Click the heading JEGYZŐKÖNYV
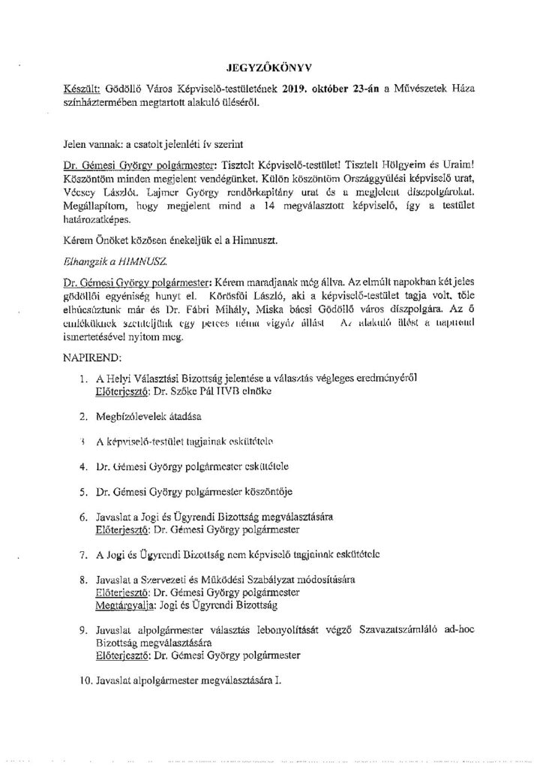(271, 67)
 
